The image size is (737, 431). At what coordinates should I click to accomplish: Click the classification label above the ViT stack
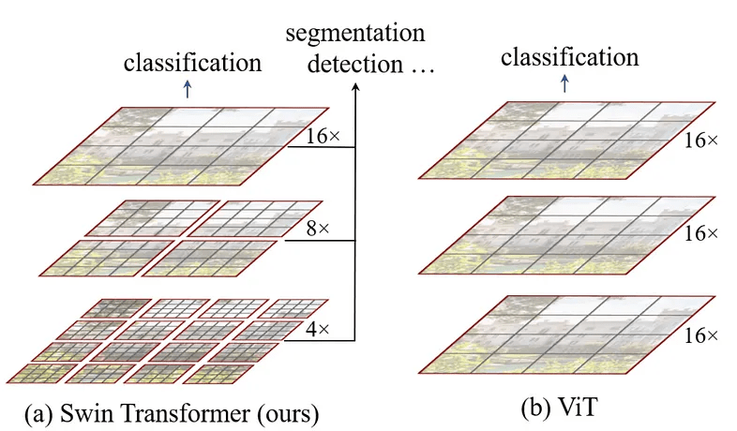(x=569, y=57)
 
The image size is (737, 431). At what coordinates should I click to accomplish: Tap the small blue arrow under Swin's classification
(x=188, y=89)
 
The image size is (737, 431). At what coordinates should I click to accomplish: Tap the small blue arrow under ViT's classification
(x=564, y=83)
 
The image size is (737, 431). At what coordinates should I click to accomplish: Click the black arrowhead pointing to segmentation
(x=355, y=88)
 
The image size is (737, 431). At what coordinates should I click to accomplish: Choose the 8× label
(x=309, y=227)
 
